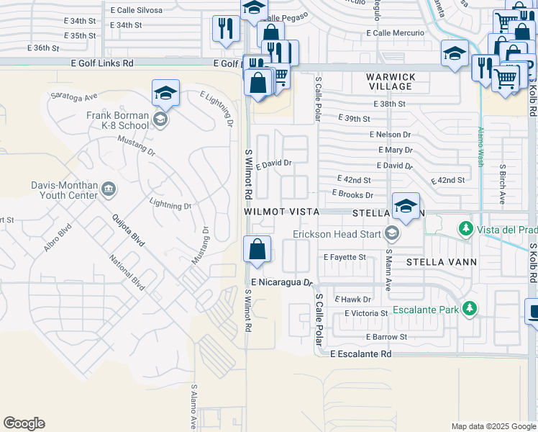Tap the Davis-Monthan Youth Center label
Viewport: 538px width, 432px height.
pyautogui.click(x=65, y=190)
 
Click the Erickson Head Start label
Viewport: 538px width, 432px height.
pyautogui.click(x=337, y=233)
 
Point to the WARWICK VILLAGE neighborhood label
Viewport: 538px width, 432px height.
pyautogui.click(x=391, y=81)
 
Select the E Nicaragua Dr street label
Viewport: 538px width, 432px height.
pyautogui.click(x=283, y=282)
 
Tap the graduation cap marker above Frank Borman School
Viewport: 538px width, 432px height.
pyautogui.click(x=165, y=93)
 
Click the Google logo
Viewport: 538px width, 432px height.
pyautogui.click(x=24, y=423)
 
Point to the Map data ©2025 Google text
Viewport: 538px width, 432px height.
pyautogui.click(x=493, y=426)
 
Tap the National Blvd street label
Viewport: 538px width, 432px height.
pyautogui.click(x=128, y=273)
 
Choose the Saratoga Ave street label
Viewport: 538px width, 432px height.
pyautogui.click(x=73, y=96)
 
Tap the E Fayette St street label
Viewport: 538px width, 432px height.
pyautogui.click(x=345, y=256)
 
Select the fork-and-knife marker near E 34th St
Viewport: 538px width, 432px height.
pyautogui.click(x=226, y=29)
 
